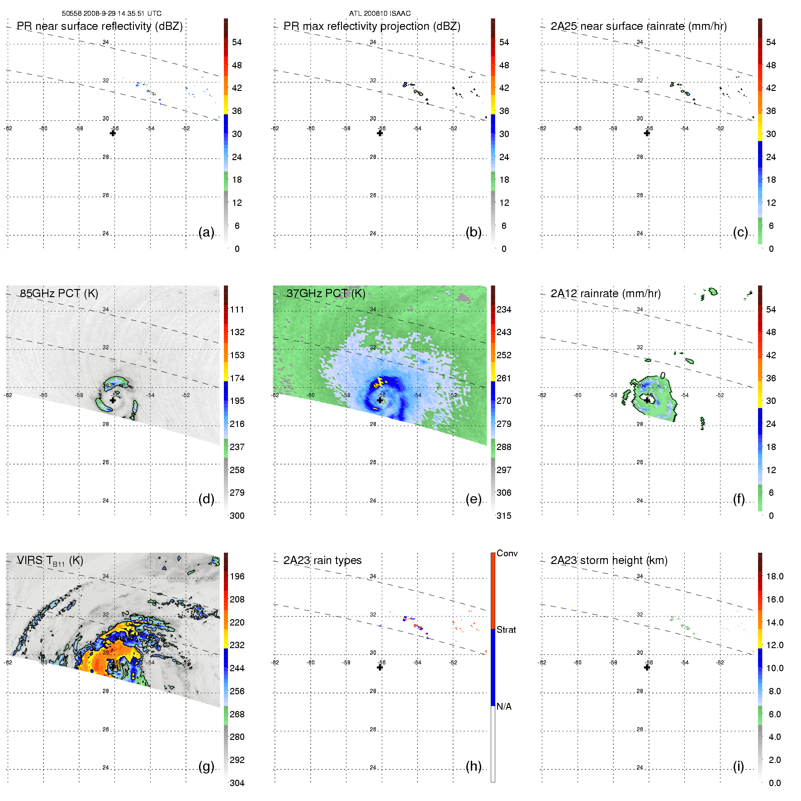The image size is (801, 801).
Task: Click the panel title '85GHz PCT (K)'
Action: pyautogui.click(x=59, y=293)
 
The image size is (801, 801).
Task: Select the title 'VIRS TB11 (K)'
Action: pyautogui.click(x=50, y=561)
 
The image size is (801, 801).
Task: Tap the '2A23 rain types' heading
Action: pyautogui.click(x=322, y=560)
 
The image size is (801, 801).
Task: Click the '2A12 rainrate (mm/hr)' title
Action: pyautogui.click(x=605, y=293)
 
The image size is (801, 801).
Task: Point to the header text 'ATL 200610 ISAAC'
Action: pyautogui.click(x=379, y=14)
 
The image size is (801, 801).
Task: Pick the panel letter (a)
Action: pyautogui.click(x=206, y=232)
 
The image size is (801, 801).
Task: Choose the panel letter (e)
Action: pyautogui.click(x=473, y=499)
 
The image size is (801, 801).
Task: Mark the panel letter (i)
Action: pyautogui.click(x=738, y=766)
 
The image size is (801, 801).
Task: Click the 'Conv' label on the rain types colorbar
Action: pyautogui.click(x=507, y=553)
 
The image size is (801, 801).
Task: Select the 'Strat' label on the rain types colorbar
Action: pyautogui.click(x=506, y=630)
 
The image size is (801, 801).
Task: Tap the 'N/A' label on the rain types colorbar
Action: pyautogui.click(x=504, y=706)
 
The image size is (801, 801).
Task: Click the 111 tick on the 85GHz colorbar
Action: pyautogui.click(x=237, y=309)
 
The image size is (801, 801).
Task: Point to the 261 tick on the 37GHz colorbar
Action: pyautogui.click(x=504, y=378)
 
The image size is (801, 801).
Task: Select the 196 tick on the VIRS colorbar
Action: pyautogui.click(x=237, y=576)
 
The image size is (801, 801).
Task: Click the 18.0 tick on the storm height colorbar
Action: pyautogui.click(x=774, y=576)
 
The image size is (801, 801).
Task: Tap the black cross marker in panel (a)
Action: pyautogui.click(x=113, y=133)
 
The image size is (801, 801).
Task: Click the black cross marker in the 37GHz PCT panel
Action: pyautogui.click(x=380, y=400)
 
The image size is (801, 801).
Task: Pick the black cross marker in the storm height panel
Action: pyautogui.click(x=647, y=667)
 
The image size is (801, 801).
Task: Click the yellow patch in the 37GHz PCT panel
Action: pyautogui.click(x=379, y=381)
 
